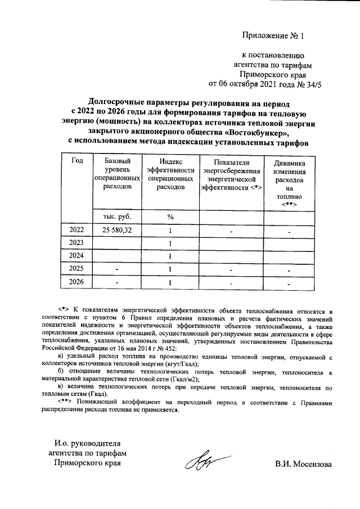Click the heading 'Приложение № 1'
[272, 37]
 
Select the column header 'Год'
[77, 161]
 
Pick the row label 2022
[77, 230]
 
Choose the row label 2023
[77, 243]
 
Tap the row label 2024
[77, 256]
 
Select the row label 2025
[77, 269]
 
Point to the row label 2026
[77, 282]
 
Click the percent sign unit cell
[170, 217]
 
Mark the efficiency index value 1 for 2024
[170, 256]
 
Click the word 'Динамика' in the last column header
[289, 163]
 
